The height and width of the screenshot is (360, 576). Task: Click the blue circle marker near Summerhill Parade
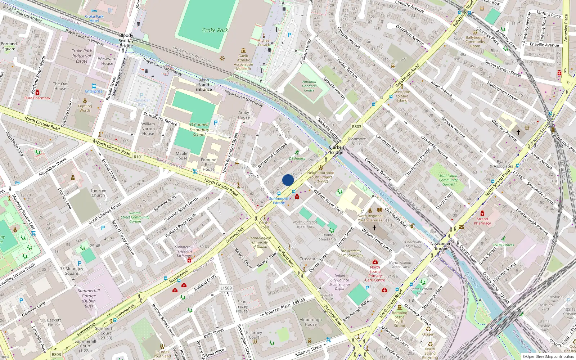(x=288, y=180)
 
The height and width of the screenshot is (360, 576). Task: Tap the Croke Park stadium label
(x=215, y=31)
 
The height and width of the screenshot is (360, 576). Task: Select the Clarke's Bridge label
(x=337, y=150)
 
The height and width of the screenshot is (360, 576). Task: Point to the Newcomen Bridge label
(x=441, y=246)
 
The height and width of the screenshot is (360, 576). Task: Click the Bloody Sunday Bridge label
(x=126, y=41)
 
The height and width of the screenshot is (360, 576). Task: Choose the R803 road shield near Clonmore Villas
(x=356, y=127)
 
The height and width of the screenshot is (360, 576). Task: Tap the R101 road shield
(x=138, y=157)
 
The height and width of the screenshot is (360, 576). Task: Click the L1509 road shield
(x=226, y=288)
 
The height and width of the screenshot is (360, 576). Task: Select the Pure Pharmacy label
(x=37, y=98)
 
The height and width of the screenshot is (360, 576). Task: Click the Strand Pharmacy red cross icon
(x=482, y=213)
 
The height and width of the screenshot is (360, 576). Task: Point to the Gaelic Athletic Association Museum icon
(x=244, y=51)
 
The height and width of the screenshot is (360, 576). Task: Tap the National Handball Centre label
(x=309, y=86)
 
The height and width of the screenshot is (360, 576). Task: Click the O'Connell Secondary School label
(x=199, y=130)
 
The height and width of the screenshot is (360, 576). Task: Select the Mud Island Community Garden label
(x=448, y=180)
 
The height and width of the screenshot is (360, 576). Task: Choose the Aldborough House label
(x=311, y=322)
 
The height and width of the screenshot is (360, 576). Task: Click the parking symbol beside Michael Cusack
(x=289, y=35)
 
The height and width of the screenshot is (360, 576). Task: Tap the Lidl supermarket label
(x=404, y=59)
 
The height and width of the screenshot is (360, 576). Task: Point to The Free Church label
(x=98, y=193)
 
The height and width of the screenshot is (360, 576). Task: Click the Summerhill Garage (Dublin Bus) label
(x=89, y=298)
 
